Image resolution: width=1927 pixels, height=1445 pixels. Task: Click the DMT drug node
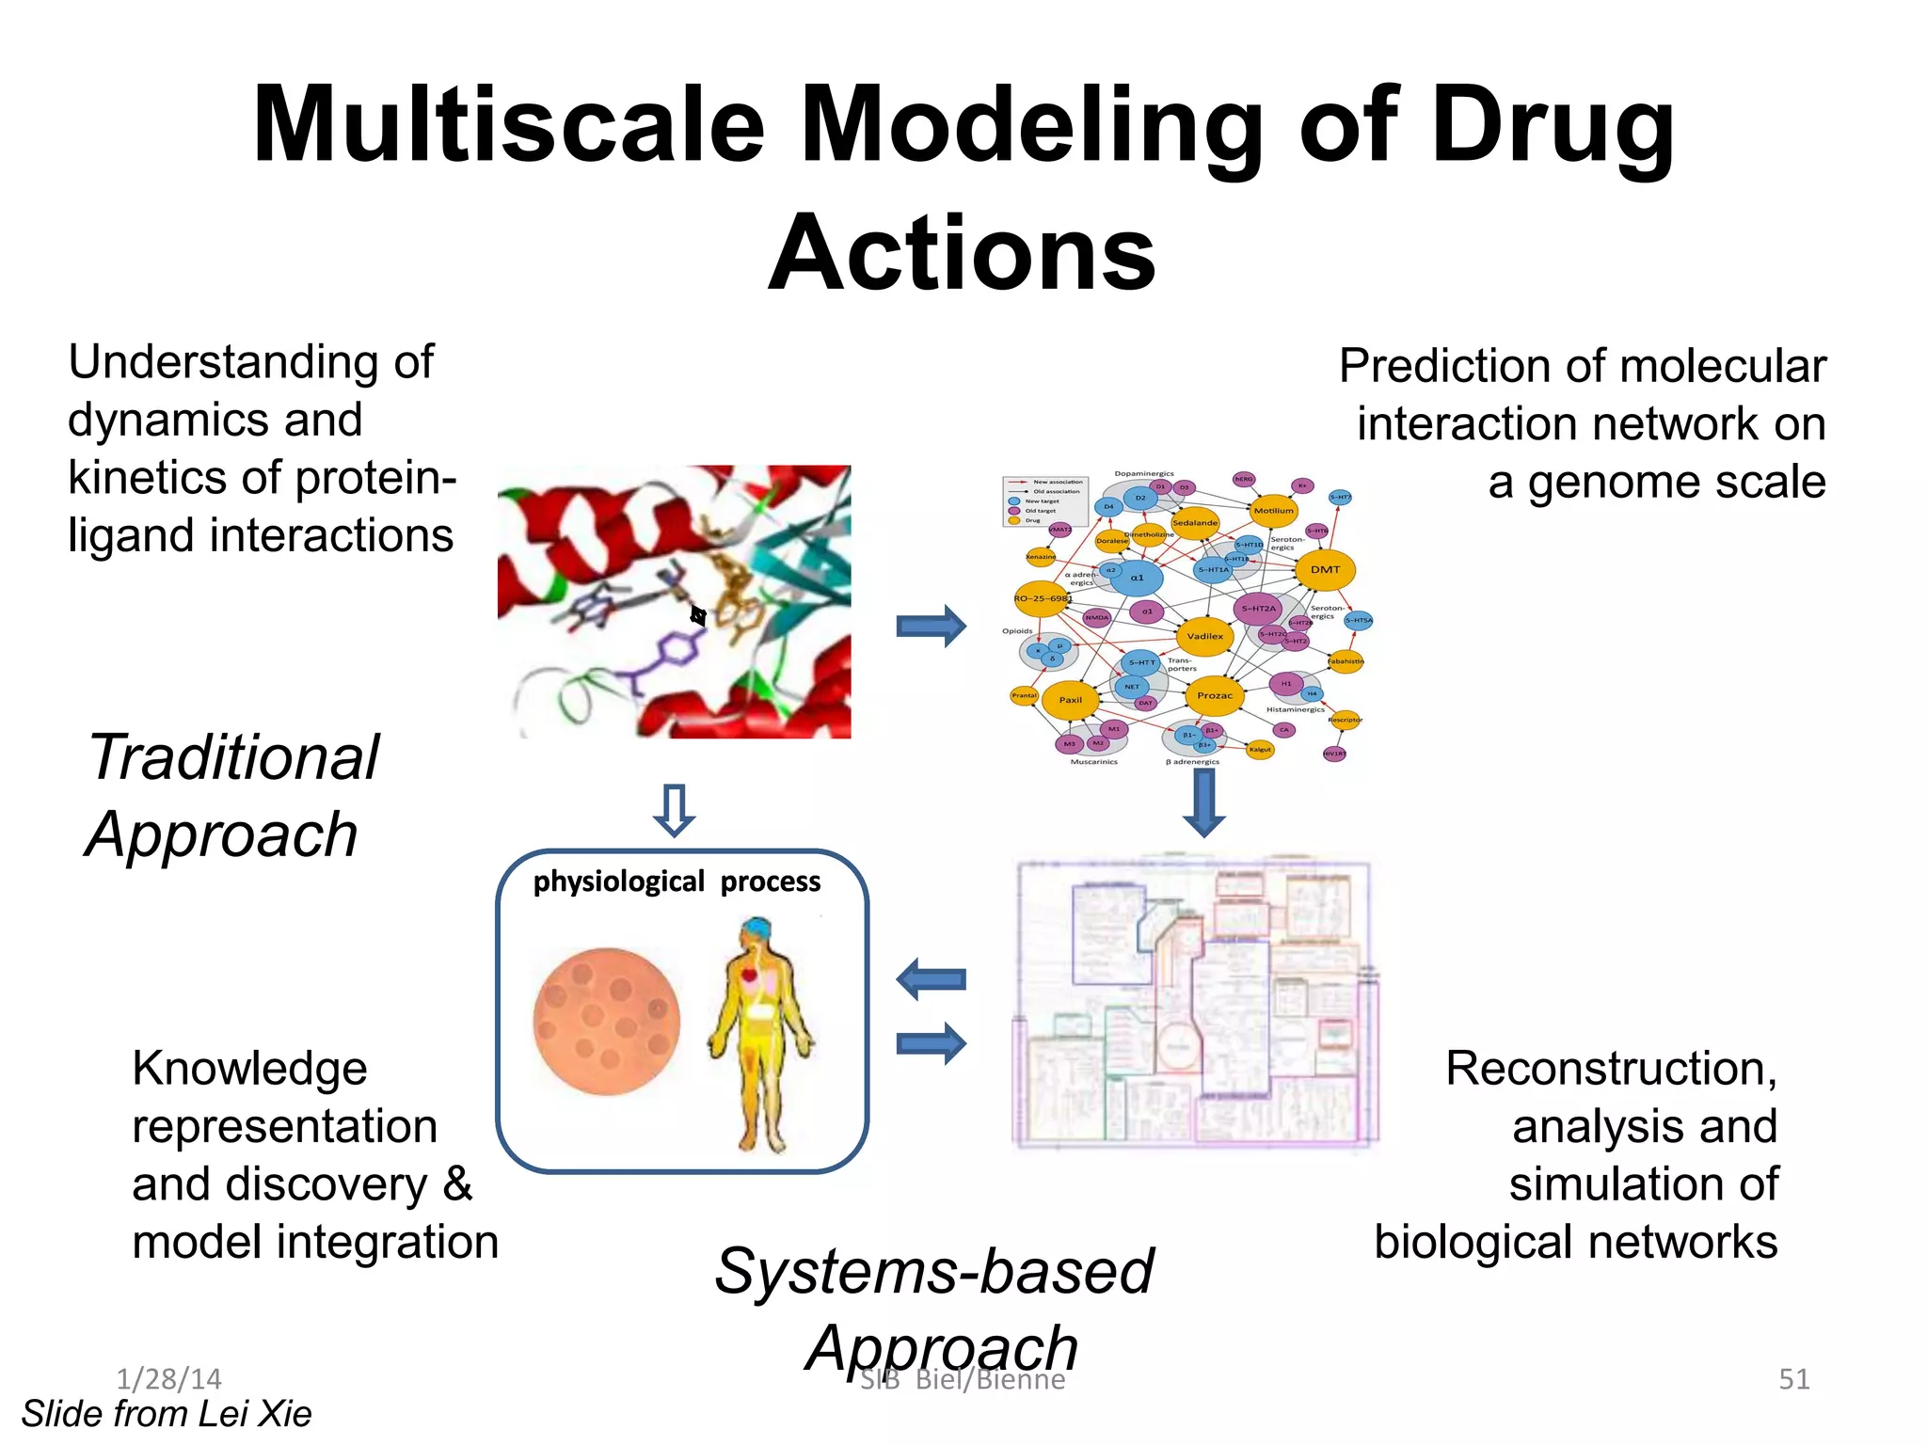point(1325,569)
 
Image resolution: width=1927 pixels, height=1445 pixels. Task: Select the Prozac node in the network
point(1214,695)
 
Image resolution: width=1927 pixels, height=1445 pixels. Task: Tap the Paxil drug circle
point(1071,700)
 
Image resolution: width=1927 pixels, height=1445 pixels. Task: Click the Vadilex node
point(1204,636)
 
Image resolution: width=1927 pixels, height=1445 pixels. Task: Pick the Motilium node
point(1273,511)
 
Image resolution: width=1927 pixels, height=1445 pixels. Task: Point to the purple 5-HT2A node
point(1258,609)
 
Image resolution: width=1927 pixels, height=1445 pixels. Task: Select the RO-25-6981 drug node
point(1041,598)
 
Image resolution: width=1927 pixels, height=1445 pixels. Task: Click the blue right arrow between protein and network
point(931,626)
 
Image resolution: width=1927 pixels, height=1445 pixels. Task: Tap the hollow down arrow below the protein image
point(674,809)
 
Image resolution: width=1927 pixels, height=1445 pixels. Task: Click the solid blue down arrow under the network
point(1203,803)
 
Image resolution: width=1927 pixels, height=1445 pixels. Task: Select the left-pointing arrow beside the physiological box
point(931,979)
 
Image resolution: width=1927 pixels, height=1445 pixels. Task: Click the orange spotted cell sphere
point(607,1022)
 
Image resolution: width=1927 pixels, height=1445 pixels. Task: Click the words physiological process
point(677,881)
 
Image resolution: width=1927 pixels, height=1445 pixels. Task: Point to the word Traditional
point(233,758)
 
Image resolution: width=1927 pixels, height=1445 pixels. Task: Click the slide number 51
point(1793,1379)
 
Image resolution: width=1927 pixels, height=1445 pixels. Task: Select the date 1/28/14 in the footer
point(168,1379)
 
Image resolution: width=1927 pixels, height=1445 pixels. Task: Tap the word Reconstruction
point(1610,1069)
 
